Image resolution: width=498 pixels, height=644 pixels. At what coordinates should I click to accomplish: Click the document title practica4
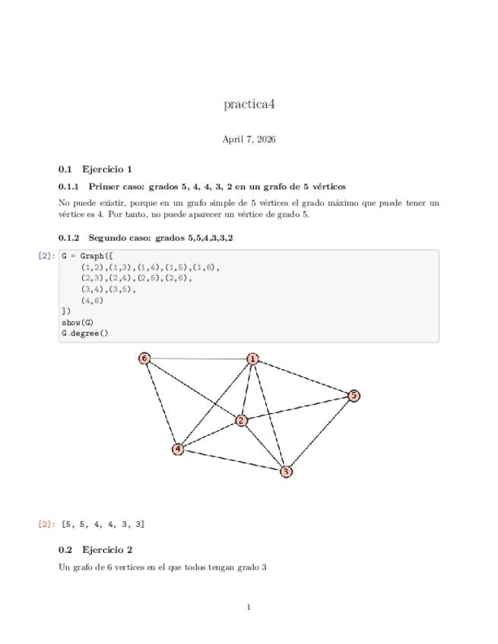[x=249, y=104]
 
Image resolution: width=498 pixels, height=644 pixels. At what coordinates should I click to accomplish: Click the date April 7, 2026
[x=249, y=139]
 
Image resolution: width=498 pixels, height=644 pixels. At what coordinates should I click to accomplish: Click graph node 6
[x=144, y=358]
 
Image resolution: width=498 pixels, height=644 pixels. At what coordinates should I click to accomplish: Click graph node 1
[x=252, y=358]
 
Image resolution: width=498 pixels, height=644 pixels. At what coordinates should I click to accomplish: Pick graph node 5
[x=354, y=396]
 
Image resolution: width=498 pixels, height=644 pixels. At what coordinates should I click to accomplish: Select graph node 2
[x=241, y=420]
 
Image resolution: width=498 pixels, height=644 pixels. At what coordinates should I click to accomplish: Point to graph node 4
[x=178, y=449]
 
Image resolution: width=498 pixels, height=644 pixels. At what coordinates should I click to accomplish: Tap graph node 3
[x=286, y=472]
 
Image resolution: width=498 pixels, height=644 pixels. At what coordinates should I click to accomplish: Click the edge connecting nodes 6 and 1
[x=198, y=358]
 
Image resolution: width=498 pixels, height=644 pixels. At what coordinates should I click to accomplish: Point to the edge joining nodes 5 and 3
[x=320, y=434]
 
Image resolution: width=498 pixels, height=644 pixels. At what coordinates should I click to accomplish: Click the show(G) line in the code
[x=78, y=322]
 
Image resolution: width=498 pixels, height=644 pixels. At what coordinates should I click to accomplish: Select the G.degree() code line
[x=85, y=333]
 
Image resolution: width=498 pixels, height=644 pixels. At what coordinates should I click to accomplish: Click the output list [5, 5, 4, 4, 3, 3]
[x=103, y=524]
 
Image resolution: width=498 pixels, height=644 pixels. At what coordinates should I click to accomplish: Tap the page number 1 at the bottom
[x=249, y=607]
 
